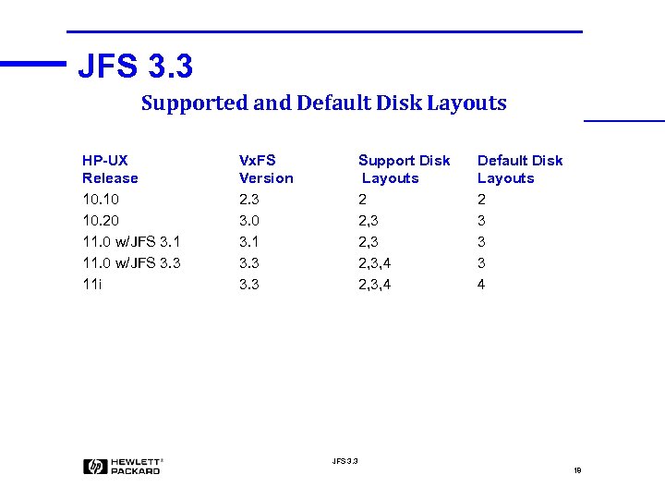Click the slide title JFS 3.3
click(x=136, y=67)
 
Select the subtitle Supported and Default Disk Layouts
click(x=323, y=103)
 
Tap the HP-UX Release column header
click(x=110, y=169)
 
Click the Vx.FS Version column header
click(x=266, y=169)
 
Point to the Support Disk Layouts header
click(x=404, y=169)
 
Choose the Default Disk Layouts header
click(x=519, y=169)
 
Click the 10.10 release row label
click(x=101, y=200)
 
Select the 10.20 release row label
click(x=101, y=221)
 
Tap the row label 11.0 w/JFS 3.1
click(x=131, y=242)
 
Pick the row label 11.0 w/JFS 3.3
click(x=131, y=263)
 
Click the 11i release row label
click(x=92, y=285)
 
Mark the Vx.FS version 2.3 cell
click(x=249, y=200)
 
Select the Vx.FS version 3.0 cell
click(x=249, y=221)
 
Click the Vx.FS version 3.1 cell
click(x=249, y=242)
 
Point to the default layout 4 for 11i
click(x=481, y=285)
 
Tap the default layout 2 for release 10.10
click(x=481, y=200)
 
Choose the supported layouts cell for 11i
click(x=374, y=285)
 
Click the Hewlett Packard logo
click(x=123, y=467)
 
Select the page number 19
click(x=577, y=470)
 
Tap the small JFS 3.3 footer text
click(x=345, y=460)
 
